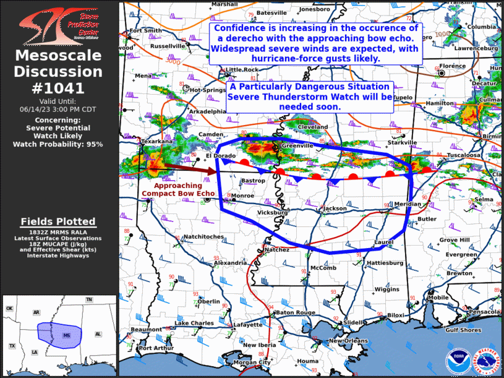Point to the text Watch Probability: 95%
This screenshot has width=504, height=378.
coord(58,144)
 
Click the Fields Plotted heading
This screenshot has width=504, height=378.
coord(58,221)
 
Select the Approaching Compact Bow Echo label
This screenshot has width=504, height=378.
coord(178,189)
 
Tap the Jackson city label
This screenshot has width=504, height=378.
coord(335,209)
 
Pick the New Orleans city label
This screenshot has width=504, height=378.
coord(348,341)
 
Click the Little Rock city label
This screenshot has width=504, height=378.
coord(242,70)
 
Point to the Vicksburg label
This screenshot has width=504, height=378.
coord(273,213)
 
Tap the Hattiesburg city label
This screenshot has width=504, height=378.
coord(385,263)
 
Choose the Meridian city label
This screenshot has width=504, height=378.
coord(407,204)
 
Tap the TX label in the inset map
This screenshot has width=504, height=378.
coord(12,345)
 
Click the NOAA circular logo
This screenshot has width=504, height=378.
coord(458,361)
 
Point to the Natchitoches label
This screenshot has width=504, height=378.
coord(203,236)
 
